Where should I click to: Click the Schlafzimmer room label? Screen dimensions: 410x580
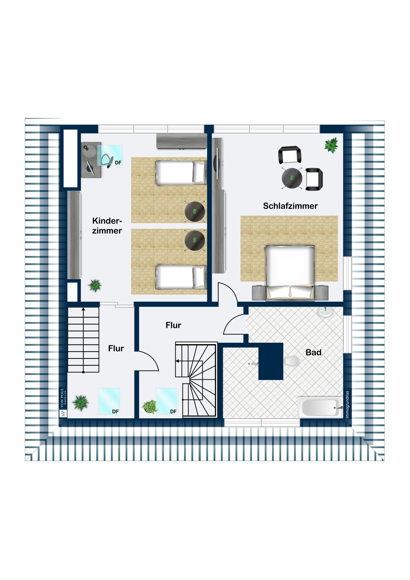(290, 206)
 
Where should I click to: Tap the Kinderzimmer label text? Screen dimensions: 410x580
(107, 226)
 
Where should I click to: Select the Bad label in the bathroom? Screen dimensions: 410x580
(313, 352)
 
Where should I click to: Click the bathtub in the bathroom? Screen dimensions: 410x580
(320, 408)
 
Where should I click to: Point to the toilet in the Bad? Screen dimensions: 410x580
(291, 361)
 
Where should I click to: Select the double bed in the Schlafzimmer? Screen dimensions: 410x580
(290, 273)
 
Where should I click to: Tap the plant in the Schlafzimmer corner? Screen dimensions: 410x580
(331, 145)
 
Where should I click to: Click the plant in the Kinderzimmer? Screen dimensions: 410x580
(95, 286)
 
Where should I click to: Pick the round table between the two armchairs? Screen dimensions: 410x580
(292, 178)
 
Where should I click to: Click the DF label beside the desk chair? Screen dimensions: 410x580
(118, 163)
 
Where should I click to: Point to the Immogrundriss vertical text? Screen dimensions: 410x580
(347, 404)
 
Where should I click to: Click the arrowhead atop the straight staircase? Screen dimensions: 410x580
(83, 309)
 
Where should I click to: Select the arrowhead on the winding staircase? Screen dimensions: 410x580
(177, 361)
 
